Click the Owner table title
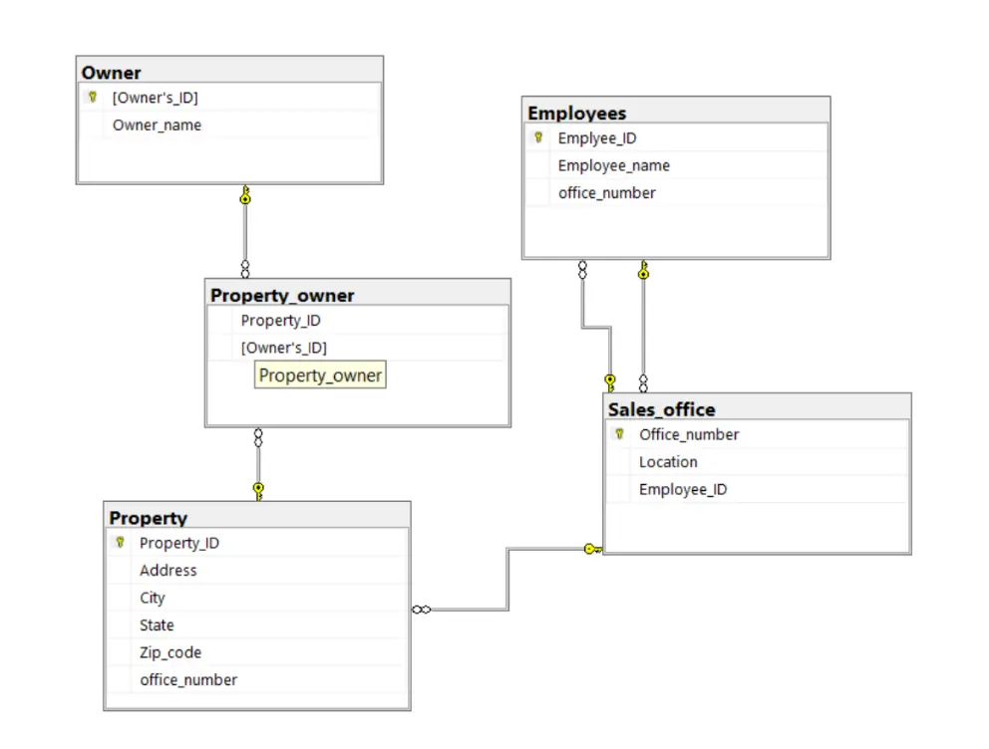112,73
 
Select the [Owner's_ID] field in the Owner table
155,98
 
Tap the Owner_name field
157,125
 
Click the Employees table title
576,113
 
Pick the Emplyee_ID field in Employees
596,138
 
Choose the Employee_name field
613,165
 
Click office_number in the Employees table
606,193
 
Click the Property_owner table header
282,295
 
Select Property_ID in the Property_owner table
280,321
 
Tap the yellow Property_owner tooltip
320,375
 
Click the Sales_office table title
661,409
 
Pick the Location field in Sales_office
668,462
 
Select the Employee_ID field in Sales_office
682,489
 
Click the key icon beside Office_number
619,434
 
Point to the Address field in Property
167,571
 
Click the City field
153,598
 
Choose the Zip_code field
170,652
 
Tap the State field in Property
157,625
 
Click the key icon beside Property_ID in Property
120,543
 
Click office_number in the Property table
188,680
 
